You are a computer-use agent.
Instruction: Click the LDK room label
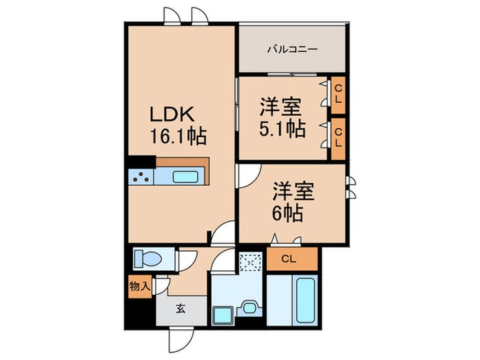(x=171, y=115)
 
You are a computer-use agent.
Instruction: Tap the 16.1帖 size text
(x=178, y=136)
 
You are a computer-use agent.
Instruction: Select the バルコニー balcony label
(x=293, y=49)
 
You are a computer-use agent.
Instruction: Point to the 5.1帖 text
(x=283, y=129)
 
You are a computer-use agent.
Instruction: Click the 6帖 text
(x=287, y=213)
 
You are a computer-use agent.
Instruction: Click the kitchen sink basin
(x=185, y=177)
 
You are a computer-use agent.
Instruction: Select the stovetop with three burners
(x=141, y=177)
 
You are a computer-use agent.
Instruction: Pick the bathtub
(x=305, y=300)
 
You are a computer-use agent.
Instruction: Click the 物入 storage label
(x=140, y=287)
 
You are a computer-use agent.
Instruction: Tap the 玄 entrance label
(x=180, y=309)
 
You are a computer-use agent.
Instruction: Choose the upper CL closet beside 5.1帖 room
(x=338, y=95)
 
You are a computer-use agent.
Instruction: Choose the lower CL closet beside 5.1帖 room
(x=338, y=139)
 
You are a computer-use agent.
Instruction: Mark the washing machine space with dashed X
(x=250, y=263)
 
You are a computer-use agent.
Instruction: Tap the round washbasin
(x=250, y=307)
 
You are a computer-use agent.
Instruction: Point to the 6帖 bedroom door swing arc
(x=249, y=177)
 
